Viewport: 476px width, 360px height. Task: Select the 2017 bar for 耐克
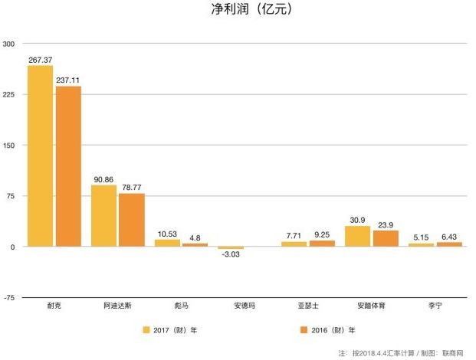pyautogui.click(x=40, y=156)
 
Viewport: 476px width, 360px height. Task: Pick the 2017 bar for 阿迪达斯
pyautogui.click(x=103, y=216)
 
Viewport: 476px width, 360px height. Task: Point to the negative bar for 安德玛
pyautogui.click(x=231, y=248)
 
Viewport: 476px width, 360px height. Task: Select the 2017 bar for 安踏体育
pyautogui.click(x=357, y=237)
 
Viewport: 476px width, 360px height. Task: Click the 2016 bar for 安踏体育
pyautogui.click(x=385, y=239)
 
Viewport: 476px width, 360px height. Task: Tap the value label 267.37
pyautogui.click(x=40, y=60)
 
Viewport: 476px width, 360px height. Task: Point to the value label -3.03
pyautogui.click(x=231, y=257)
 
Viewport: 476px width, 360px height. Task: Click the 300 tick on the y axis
pyautogui.click(x=9, y=44)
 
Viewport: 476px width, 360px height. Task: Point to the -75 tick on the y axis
pyautogui.click(x=9, y=298)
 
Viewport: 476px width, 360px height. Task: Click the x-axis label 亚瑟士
pyautogui.click(x=307, y=306)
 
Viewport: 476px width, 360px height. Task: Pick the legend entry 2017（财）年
pyautogui.click(x=170, y=330)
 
